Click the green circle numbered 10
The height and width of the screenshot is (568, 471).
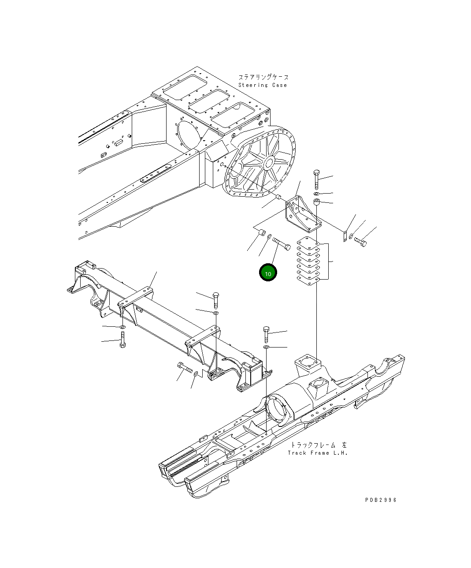pyautogui.click(x=268, y=273)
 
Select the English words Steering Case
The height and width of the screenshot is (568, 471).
pyautogui.click(x=263, y=85)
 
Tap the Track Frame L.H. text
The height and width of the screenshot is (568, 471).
pyautogui.click(x=318, y=453)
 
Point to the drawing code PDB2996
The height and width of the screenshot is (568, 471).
pyautogui.click(x=381, y=500)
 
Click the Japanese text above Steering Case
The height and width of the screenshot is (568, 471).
pyautogui.click(x=263, y=77)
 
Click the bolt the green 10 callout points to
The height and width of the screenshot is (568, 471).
pyautogui.click(x=282, y=243)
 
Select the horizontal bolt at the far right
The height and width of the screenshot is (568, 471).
pyautogui.click(x=360, y=242)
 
